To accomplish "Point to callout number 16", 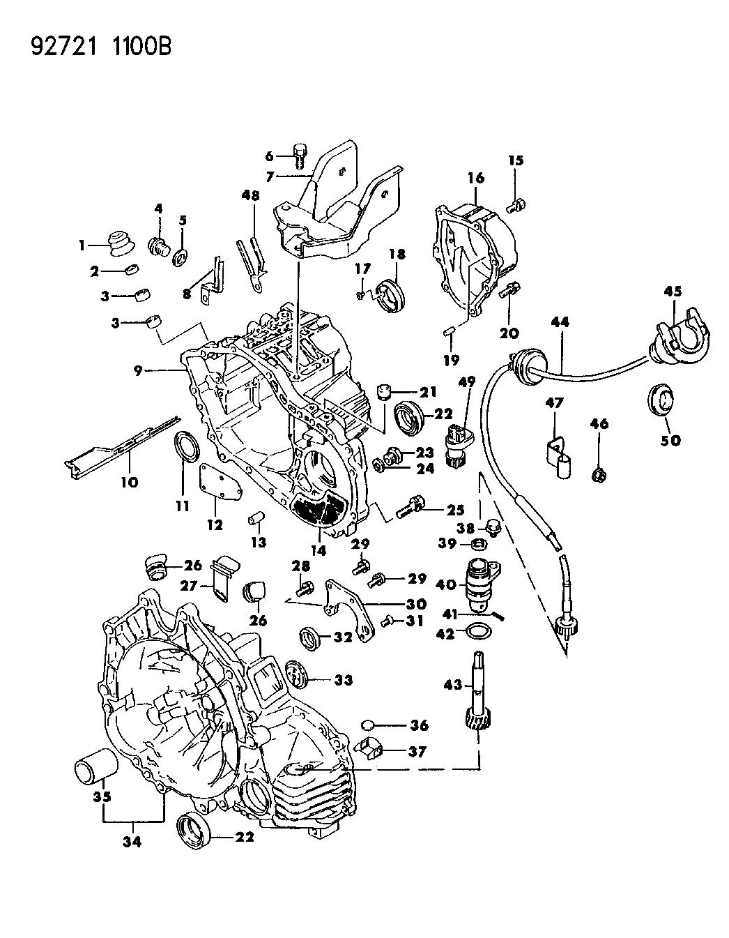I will point(475,179).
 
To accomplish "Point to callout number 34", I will point(132,842).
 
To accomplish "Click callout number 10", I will point(129,481).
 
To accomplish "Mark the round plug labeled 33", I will point(298,676).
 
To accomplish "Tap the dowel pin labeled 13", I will point(256,520).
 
